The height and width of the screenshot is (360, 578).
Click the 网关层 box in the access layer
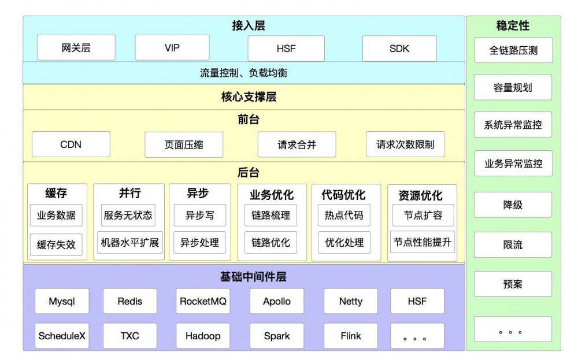pos(76,48)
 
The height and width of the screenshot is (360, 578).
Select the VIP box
pos(172,48)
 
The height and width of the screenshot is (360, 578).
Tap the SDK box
pos(399,49)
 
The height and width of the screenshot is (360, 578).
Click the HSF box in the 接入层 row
pos(286,49)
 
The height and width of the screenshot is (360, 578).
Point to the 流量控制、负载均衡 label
pos(243,73)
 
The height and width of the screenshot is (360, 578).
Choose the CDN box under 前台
pos(71,144)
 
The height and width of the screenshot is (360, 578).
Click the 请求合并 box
pos(297,144)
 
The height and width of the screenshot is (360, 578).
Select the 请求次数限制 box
pos(405,144)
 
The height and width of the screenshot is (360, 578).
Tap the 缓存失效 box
pos(56,244)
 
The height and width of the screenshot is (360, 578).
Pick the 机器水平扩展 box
pos(130,242)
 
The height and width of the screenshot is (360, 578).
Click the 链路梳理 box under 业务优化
pos(271,216)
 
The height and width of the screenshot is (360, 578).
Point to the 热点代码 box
pos(344,216)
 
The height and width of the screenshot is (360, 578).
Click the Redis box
pos(129,301)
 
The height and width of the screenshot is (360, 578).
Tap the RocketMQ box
pos(203,301)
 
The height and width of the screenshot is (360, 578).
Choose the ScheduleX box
pos(62,336)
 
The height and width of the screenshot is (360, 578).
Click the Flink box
pos(351,336)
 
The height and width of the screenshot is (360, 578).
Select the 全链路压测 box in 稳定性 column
pos(513,50)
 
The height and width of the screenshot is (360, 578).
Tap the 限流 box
pos(513,245)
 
